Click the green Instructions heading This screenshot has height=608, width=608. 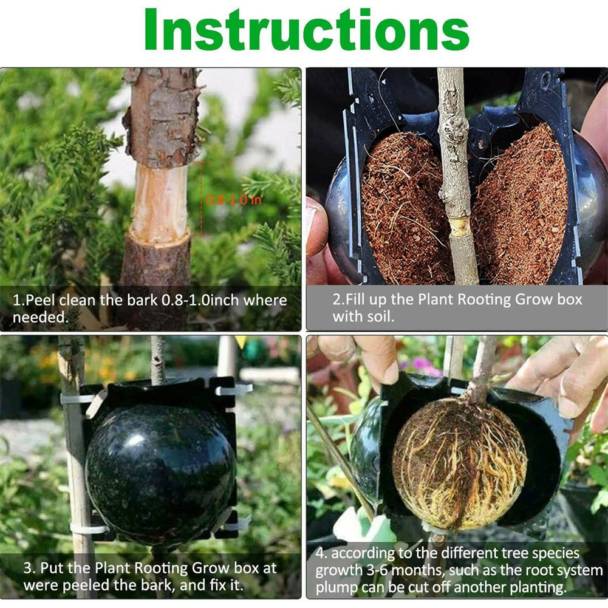point(306,30)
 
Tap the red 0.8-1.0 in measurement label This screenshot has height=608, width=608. point(233,200)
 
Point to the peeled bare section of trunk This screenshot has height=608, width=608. point(160,202)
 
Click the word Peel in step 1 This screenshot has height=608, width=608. point(40,300)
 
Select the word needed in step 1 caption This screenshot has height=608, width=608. point(40,318)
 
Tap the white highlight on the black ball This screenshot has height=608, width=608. point(135,440)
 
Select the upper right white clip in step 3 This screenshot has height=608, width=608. point(234,389)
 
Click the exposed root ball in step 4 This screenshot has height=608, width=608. point(459,463)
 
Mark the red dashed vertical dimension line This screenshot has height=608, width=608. point(201,199)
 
